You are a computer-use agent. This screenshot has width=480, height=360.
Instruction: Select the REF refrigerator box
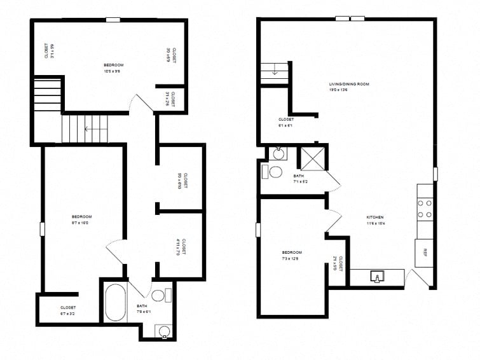click(424, 253)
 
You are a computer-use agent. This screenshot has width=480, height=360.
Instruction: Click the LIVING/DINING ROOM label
click(348, 86)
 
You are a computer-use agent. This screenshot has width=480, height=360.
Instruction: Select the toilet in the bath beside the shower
click(275, 172)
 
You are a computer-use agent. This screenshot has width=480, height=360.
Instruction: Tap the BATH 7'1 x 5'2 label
click(299, 179)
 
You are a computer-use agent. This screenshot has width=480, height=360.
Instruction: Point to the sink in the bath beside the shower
click(278, 153)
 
